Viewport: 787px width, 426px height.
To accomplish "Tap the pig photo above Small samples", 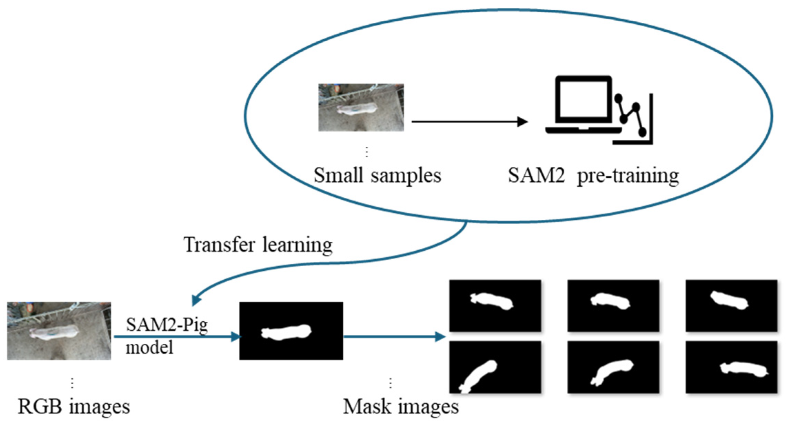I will tap(361, 107).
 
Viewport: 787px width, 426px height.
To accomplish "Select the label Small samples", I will tap(377, 175).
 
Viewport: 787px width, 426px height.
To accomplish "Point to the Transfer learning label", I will tap(258, 245).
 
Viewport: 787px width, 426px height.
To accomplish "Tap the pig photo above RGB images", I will tap(59, 331).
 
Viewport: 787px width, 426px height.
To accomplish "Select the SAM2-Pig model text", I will tap(167, 335).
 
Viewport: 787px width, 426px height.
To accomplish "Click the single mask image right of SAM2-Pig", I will tap(291, 331).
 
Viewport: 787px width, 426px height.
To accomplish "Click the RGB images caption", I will tap(74, 407).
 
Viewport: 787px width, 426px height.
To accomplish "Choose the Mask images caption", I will tap(401, 407).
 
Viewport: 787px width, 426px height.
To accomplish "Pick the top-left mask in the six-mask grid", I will tap(495, 306).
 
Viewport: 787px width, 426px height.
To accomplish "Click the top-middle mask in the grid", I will tap(613, 306).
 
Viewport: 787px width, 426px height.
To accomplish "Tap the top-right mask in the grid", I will tap(731, 306).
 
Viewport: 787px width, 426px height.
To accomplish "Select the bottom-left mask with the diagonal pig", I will tap(495, 367).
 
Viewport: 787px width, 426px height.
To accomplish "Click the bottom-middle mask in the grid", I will tap(613, 367).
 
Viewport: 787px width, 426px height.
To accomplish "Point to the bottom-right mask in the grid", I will tap(731, 367).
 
